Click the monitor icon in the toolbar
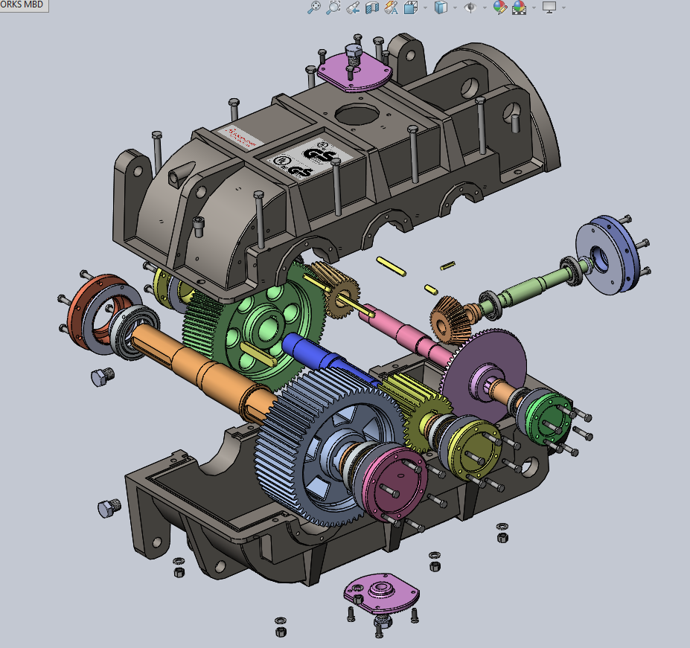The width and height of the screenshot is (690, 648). pos(549,7)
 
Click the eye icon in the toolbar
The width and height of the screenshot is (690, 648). pos(470,7)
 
